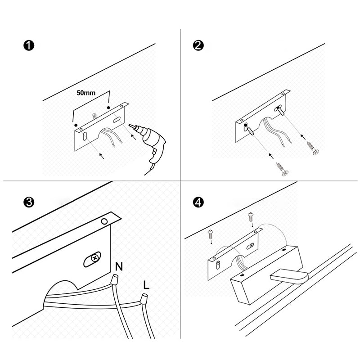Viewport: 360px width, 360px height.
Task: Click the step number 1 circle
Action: (x=29, y=45)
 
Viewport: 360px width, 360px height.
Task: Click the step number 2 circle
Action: (x=198, y=45)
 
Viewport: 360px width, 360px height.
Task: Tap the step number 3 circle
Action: (x=29, y=202)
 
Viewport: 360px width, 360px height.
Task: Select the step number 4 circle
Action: (x=198, y=202)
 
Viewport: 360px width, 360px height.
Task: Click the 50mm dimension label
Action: (x=86, y=93)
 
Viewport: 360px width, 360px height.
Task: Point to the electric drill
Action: (x=149, y=147)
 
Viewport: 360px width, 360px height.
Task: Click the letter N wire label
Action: (x=119, y=266)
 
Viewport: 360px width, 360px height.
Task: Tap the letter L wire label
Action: (x=146, y=285)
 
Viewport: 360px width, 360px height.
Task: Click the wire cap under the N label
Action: (x=114, y=279)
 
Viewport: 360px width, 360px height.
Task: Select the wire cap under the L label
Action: (x=144, y=299)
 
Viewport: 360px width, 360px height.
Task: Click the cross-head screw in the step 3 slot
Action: (x=94, y=258)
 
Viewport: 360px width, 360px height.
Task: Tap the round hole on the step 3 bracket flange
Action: (x=104, y=221)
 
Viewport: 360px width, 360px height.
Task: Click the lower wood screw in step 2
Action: (x=283, y=169)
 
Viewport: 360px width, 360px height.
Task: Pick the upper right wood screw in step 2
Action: (x=312, y=148)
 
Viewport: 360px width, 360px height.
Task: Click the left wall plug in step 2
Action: (x=249, y=130)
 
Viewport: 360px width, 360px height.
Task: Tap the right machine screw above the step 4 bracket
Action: (x=251, y=217)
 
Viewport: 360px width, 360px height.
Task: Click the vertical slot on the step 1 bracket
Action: (x=85, y=136)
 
